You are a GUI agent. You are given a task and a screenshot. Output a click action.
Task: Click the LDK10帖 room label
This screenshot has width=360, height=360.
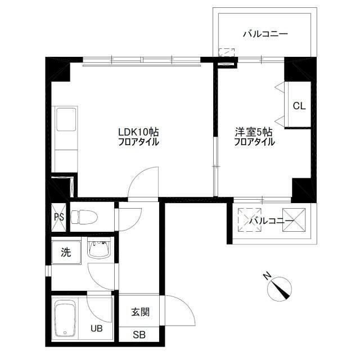click(138, 132)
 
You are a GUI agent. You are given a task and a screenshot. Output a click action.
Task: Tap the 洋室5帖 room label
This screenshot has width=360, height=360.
click(254, 132)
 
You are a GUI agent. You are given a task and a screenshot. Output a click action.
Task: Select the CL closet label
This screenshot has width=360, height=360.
click(299, 106)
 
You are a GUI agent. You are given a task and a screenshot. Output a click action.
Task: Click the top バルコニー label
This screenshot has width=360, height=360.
click(265, 34)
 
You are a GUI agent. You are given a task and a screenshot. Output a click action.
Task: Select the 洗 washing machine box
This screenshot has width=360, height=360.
click(66, 252)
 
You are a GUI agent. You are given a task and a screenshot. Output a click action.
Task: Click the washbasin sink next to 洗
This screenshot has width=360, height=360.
click(100, 250)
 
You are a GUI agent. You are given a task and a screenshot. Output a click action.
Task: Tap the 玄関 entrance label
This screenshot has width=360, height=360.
click(140, 313)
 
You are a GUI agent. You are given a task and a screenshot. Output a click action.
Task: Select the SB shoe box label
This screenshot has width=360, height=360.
click(139, 335)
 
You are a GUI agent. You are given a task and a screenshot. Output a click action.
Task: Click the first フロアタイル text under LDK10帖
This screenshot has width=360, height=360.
click(138, 142)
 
